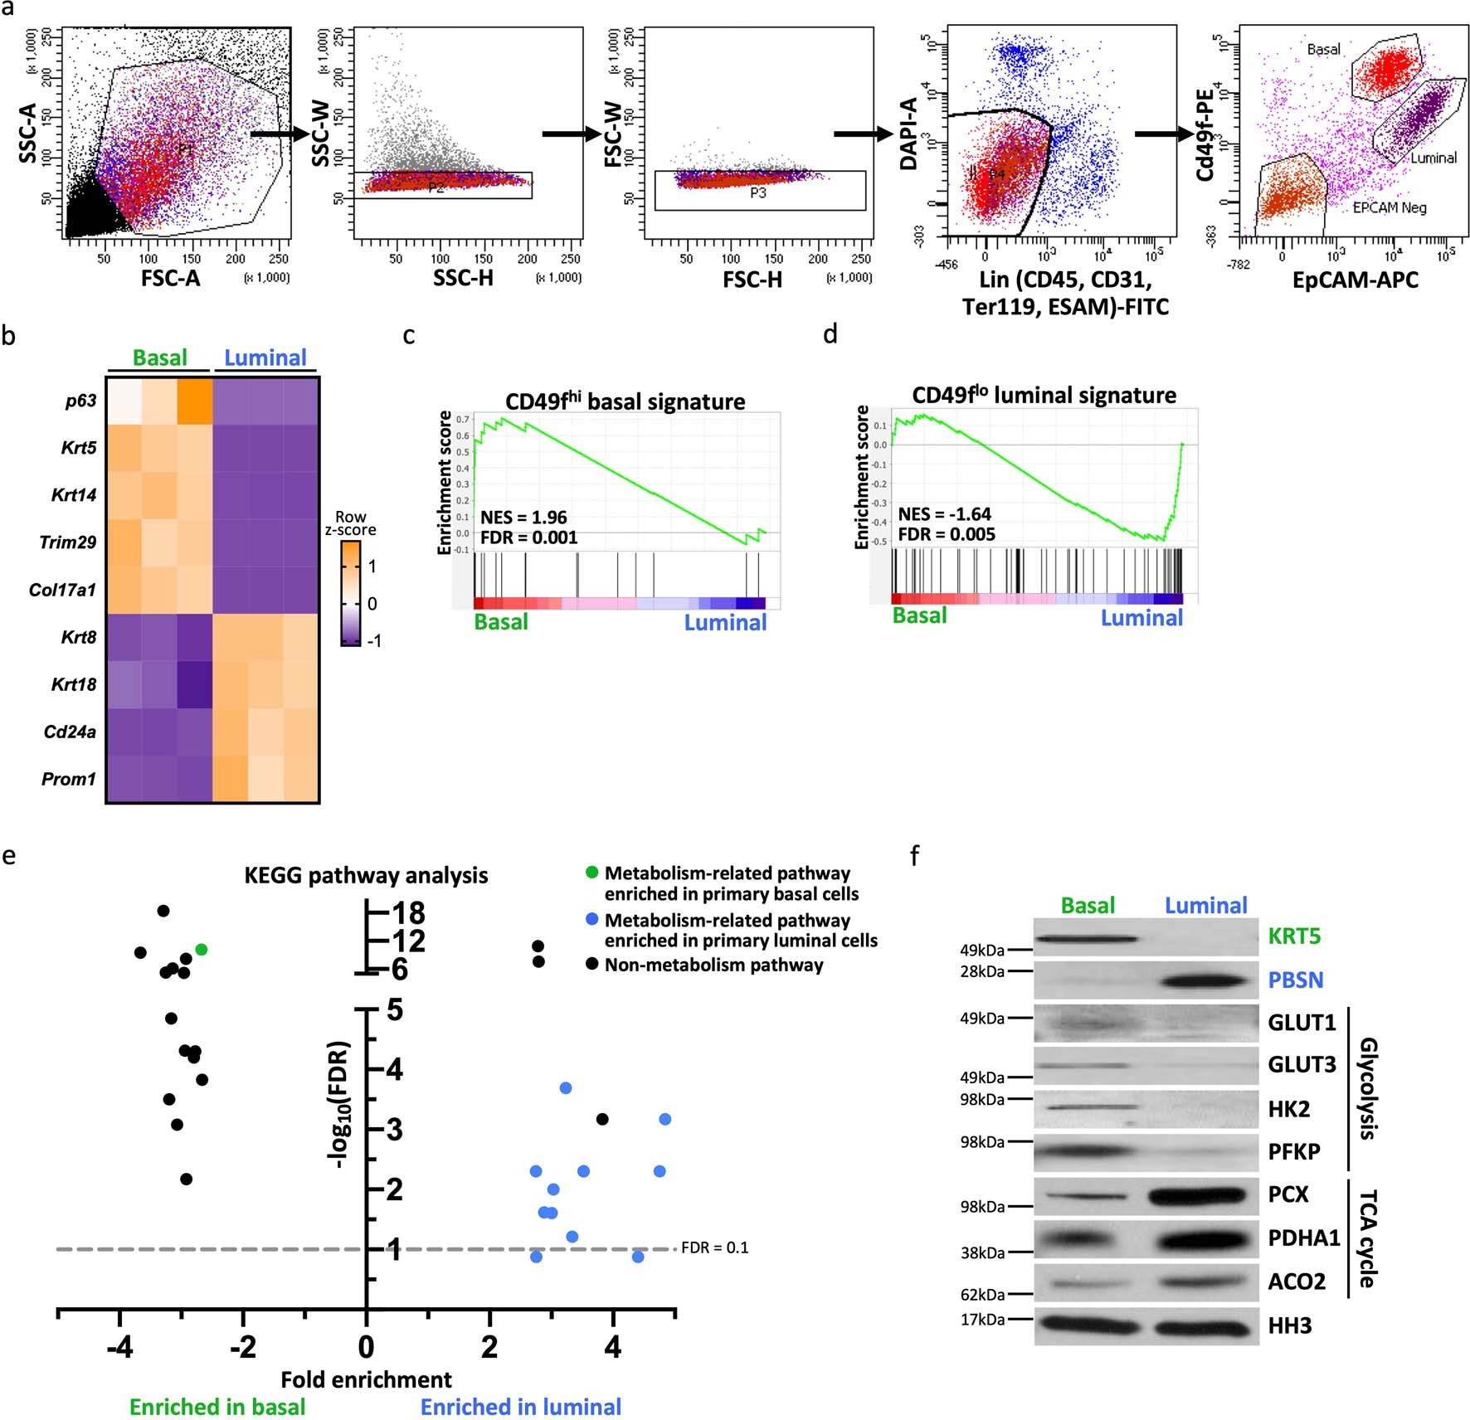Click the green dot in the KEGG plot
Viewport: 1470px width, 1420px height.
(x=201, y=949)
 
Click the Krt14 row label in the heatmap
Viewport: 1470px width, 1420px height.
(x=74, y=495)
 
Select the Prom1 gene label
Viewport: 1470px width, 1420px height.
(x=69, y=779)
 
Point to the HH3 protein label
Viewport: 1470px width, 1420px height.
(x=1290, y=1325)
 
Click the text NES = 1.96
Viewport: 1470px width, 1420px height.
(x=523, y=517)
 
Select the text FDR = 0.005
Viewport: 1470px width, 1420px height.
(x=947, y=534)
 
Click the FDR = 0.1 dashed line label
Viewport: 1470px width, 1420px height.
(x=714, y=1247)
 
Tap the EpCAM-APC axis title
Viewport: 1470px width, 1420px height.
(x=1355, y=280)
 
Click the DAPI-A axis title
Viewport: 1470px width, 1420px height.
(x=908, y=134)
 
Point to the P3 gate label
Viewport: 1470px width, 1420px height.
(x=757, y=192)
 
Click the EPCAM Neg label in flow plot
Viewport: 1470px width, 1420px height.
(x=1390, y=207)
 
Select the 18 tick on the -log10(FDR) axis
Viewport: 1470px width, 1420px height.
(x=408, y=912)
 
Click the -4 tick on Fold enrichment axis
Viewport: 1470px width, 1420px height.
(x=119, y=1347)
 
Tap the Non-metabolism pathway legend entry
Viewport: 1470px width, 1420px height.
(x=713, y=965)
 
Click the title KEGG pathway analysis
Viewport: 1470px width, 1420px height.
(x=366, y=875)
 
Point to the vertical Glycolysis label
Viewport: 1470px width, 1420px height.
(x=1367, y=1087)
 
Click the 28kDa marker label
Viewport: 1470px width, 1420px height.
(x=982, y=970)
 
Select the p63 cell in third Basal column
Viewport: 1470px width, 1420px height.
(x=194, y=401)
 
